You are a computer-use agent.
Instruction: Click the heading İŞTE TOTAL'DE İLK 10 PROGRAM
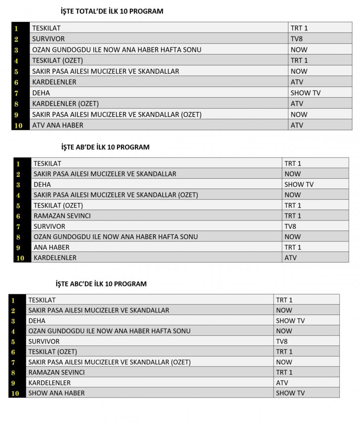tap(112, 12)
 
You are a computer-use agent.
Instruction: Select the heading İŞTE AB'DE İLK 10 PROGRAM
tap(105, 147)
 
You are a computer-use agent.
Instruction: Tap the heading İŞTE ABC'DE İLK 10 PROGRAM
tap(101, 284)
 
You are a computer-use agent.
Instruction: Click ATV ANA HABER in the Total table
tap(58, 125)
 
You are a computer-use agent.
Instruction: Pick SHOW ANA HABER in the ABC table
tap(57, 393)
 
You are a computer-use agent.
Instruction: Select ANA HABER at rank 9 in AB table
tap(51, 247)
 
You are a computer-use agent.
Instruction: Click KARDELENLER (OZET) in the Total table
tap(65, 104)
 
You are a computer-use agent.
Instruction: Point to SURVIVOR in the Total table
tap(48, 39)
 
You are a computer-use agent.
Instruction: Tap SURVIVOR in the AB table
tap(49, 226)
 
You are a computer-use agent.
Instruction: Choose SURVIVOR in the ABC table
tap(44, 341)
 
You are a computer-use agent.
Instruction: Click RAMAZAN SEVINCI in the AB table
tap(62, 216)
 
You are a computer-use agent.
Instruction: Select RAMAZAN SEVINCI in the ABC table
tap(57, 372)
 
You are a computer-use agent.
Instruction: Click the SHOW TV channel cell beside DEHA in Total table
tap(305, 93)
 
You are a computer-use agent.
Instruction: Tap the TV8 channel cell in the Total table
tap(297, 39)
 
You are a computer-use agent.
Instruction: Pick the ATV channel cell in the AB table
tap(291, 258)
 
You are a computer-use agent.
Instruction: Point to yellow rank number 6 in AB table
tap(18, 216)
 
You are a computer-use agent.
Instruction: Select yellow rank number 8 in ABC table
tap(13, 373)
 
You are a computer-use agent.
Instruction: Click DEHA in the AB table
tap(42, 185)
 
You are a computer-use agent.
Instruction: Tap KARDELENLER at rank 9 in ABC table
tap(49, 383)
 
